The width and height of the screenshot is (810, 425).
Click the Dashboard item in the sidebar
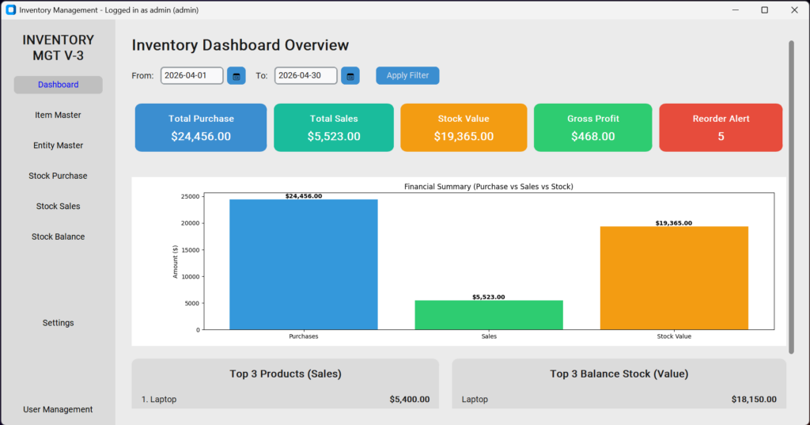point(58,85)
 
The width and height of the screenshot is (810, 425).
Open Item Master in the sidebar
point(58,115)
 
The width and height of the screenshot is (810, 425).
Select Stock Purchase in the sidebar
point(58,176)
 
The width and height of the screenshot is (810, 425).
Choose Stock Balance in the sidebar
point(58,237)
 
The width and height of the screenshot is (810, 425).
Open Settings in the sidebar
point(58,323)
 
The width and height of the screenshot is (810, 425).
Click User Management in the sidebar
point(58,409)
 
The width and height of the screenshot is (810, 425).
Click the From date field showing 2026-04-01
point(191,75)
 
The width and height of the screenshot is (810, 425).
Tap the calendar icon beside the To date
point(350,76)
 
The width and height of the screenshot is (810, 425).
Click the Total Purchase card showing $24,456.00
point(201,127)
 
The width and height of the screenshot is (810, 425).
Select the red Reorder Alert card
point(721,127)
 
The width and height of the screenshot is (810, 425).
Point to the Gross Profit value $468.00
point(592,136)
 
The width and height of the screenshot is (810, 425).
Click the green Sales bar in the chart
point(488,315)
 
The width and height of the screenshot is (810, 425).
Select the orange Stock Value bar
point(674,277)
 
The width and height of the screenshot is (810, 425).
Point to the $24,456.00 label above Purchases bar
point(303,195)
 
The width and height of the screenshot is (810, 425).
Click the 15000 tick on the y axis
point(189,250)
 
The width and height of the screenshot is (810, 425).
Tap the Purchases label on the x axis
point(303,336)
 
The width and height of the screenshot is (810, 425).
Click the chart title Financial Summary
point(488,187)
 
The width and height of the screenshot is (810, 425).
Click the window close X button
point(793,9)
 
